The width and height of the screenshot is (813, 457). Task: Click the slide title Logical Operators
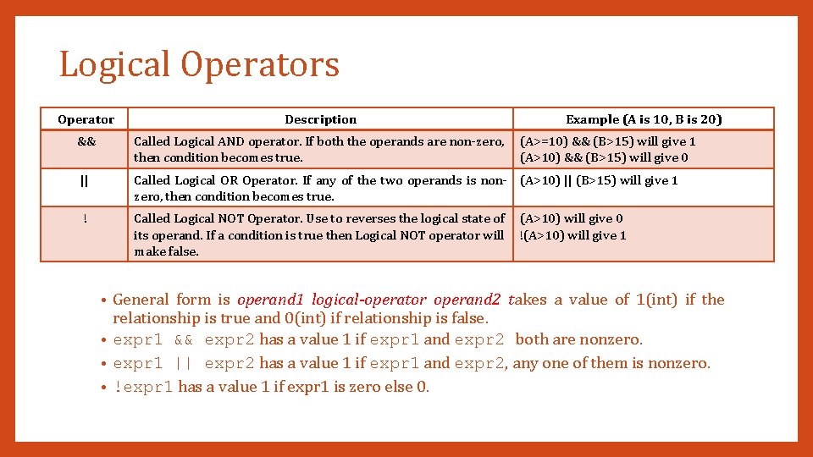(199, 65)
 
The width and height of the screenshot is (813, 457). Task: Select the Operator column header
(86, 119)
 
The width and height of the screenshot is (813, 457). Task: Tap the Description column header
(320, 119)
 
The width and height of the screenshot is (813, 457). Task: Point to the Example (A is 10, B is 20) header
(644, 119)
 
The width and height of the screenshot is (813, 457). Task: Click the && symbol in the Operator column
(86, 142)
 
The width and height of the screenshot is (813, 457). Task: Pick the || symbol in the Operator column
(86, 180)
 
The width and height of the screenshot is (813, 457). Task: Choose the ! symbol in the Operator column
(86, 218)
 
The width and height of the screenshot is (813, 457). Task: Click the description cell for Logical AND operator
(319, 150)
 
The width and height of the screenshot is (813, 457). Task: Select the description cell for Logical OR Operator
(319, 188)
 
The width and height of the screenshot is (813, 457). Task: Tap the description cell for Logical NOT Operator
(319, 234)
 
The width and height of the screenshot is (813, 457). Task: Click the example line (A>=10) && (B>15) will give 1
(607, 142)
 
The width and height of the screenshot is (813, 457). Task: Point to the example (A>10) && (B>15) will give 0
(604, 157)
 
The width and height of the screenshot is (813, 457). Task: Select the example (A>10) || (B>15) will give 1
(599, 180)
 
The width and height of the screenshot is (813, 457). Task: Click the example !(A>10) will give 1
(573, 235)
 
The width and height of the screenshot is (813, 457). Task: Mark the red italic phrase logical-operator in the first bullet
(369, 300)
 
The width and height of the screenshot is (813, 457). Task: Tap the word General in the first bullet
(141, 300)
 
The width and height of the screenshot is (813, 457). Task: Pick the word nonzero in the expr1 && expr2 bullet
(612, 340)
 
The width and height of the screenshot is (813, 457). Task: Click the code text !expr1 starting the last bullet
(143, 388)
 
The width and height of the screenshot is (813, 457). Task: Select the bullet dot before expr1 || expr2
(103, 364)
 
